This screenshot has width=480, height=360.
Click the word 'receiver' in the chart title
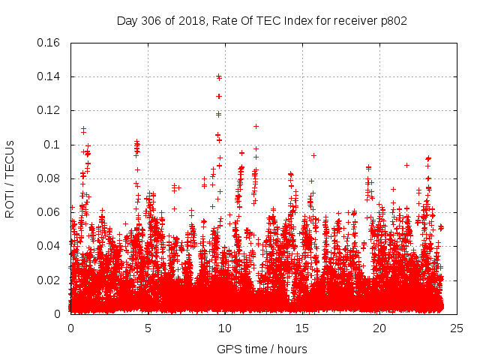click(x=355, y=20)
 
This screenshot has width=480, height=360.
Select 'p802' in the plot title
click(x=393, y=20)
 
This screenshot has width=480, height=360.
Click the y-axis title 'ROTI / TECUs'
click(x=10, y=178)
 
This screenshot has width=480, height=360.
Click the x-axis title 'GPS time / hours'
click(x=262, y=349)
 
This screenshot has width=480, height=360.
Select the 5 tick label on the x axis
click(x=148, y=328)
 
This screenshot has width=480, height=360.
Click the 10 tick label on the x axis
click(x=225, y=328)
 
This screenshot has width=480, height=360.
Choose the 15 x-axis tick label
click(x=302, y=328)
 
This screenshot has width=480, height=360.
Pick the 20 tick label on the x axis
click(x=379, y=328)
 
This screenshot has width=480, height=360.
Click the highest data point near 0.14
click(x=218, y=76)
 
